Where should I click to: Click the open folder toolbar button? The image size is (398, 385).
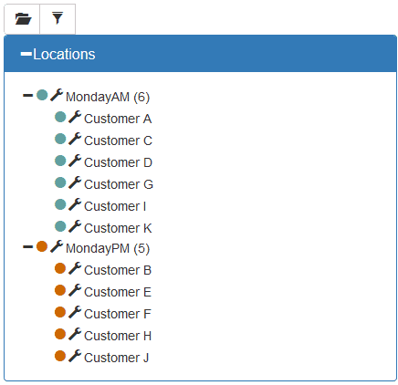22,19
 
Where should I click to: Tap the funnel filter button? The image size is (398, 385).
58,19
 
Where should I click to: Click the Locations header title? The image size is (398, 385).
64,54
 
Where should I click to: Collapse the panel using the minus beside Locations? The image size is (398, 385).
26,54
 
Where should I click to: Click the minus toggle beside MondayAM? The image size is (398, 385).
27,96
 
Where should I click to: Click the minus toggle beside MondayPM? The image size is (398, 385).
27,246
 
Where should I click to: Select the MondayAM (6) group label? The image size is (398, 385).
108,97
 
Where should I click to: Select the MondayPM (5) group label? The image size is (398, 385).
108,248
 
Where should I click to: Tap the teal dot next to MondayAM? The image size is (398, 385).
42,95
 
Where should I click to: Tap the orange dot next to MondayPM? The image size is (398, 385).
42,246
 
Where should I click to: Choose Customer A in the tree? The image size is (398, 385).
118,119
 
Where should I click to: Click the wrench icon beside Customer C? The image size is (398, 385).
75,139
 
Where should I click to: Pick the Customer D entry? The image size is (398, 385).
118,162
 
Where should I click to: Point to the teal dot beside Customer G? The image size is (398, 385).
60,182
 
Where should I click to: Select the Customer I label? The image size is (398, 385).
115,206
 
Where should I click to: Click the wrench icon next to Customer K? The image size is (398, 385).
75,226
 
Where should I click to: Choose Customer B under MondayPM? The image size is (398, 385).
118,270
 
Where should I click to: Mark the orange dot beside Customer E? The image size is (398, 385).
60,290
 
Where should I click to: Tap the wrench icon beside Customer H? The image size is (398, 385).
75,334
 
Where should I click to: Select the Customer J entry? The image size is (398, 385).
117,358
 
